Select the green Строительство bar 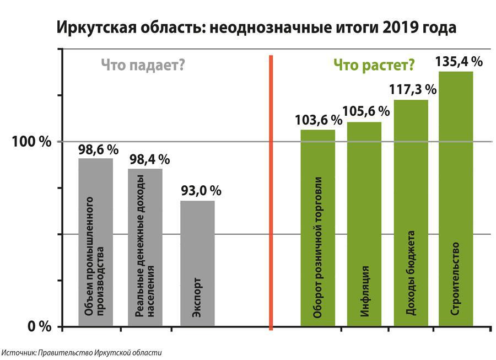point(456,198)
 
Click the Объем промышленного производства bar point(95,243)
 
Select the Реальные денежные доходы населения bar point(145,248)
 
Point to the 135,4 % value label point(459,61)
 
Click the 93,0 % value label point(201,191)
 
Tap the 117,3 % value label point(413,89)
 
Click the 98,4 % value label point(149,159)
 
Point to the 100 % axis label point(31,142)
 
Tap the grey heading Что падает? point(142,65)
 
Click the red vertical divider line point(271,193)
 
